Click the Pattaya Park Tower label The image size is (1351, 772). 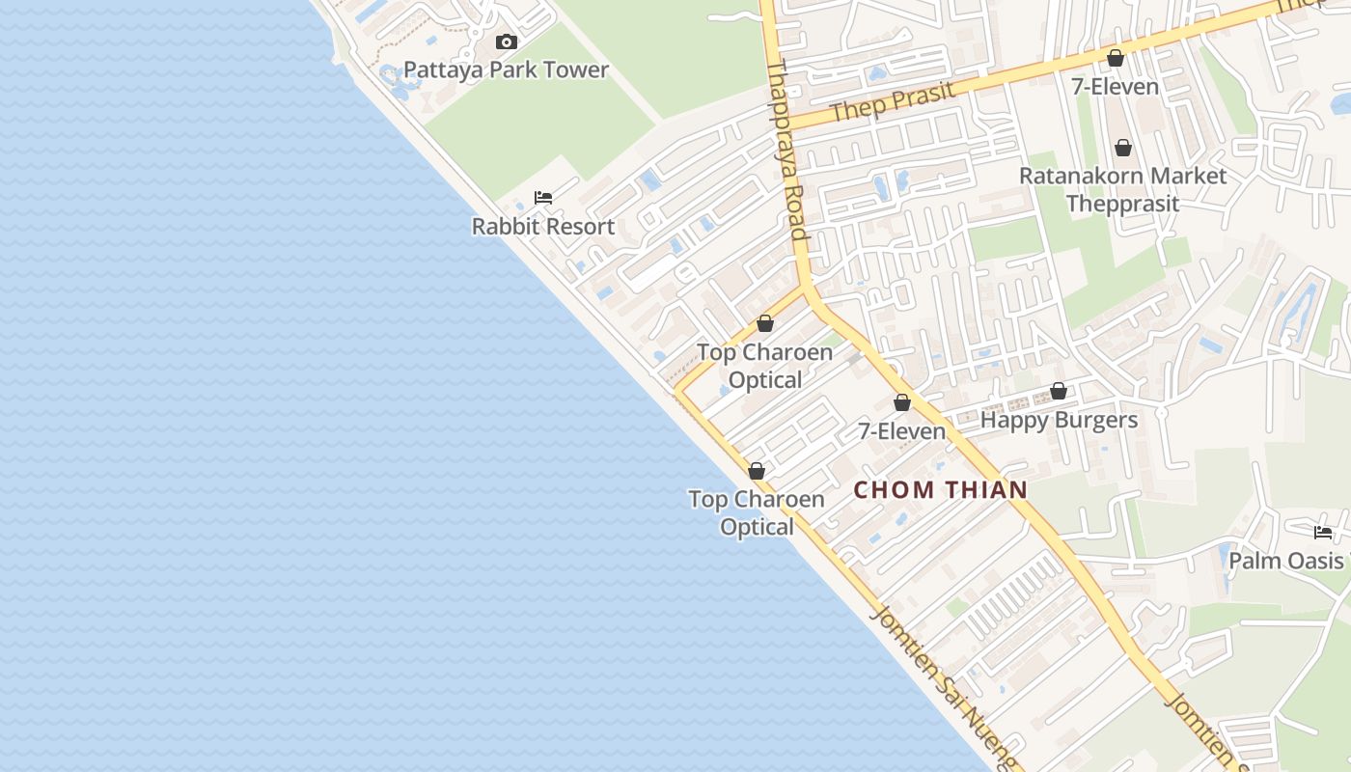tap(506, 69)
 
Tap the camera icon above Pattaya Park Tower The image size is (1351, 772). tap(507, 41)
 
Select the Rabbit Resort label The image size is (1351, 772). tap(543, 227)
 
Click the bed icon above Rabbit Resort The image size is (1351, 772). tap(543, 198)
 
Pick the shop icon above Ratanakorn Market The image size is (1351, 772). tap(1122, 148)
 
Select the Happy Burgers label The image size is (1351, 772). tap(1059, 421)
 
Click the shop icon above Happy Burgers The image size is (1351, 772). tap(1059, 391)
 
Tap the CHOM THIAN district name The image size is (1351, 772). tap(941, 490)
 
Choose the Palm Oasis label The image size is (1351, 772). tap(1285, 561)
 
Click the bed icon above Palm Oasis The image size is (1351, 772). tap(1323, 532)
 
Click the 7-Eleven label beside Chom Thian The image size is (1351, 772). tap(901, 431)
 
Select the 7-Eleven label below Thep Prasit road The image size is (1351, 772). tap(1115, 87)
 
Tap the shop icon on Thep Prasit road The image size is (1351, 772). tap(1116, 58)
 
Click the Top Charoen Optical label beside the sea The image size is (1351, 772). tap(757, 512)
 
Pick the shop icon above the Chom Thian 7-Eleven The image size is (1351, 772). tap(902, 402)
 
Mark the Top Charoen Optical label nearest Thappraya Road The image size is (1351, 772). tap(765, 366)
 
